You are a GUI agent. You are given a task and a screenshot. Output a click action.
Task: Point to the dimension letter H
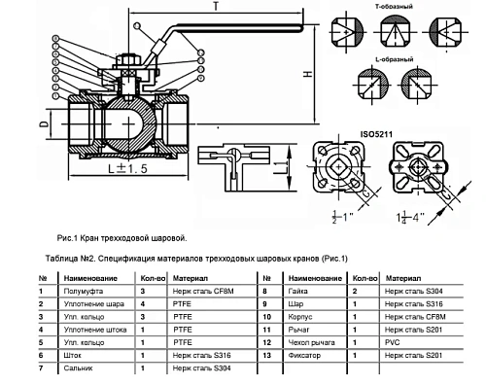point(308,74)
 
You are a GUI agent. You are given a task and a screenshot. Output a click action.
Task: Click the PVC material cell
point(392,342)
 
